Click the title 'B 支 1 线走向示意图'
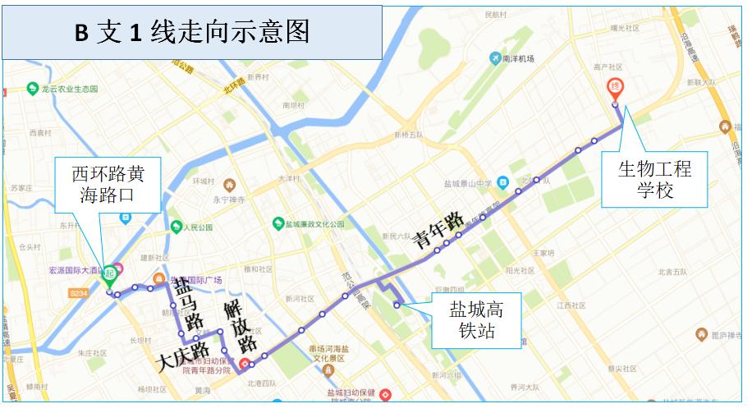pos(192,31)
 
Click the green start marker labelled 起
pos(109,275)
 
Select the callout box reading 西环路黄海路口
pos(108,186)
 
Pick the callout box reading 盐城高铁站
pos(475,320)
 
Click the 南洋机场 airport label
pos(518,58)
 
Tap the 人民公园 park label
pos(197,227)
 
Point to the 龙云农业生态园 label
pos(69,88)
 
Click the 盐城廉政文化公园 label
pos(310,223)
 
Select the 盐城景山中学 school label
pos(468,183)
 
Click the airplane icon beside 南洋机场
pos(495,57)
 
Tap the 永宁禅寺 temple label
pos(229,198)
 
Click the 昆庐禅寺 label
pos(726,334)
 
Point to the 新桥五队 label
pos(408,135)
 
